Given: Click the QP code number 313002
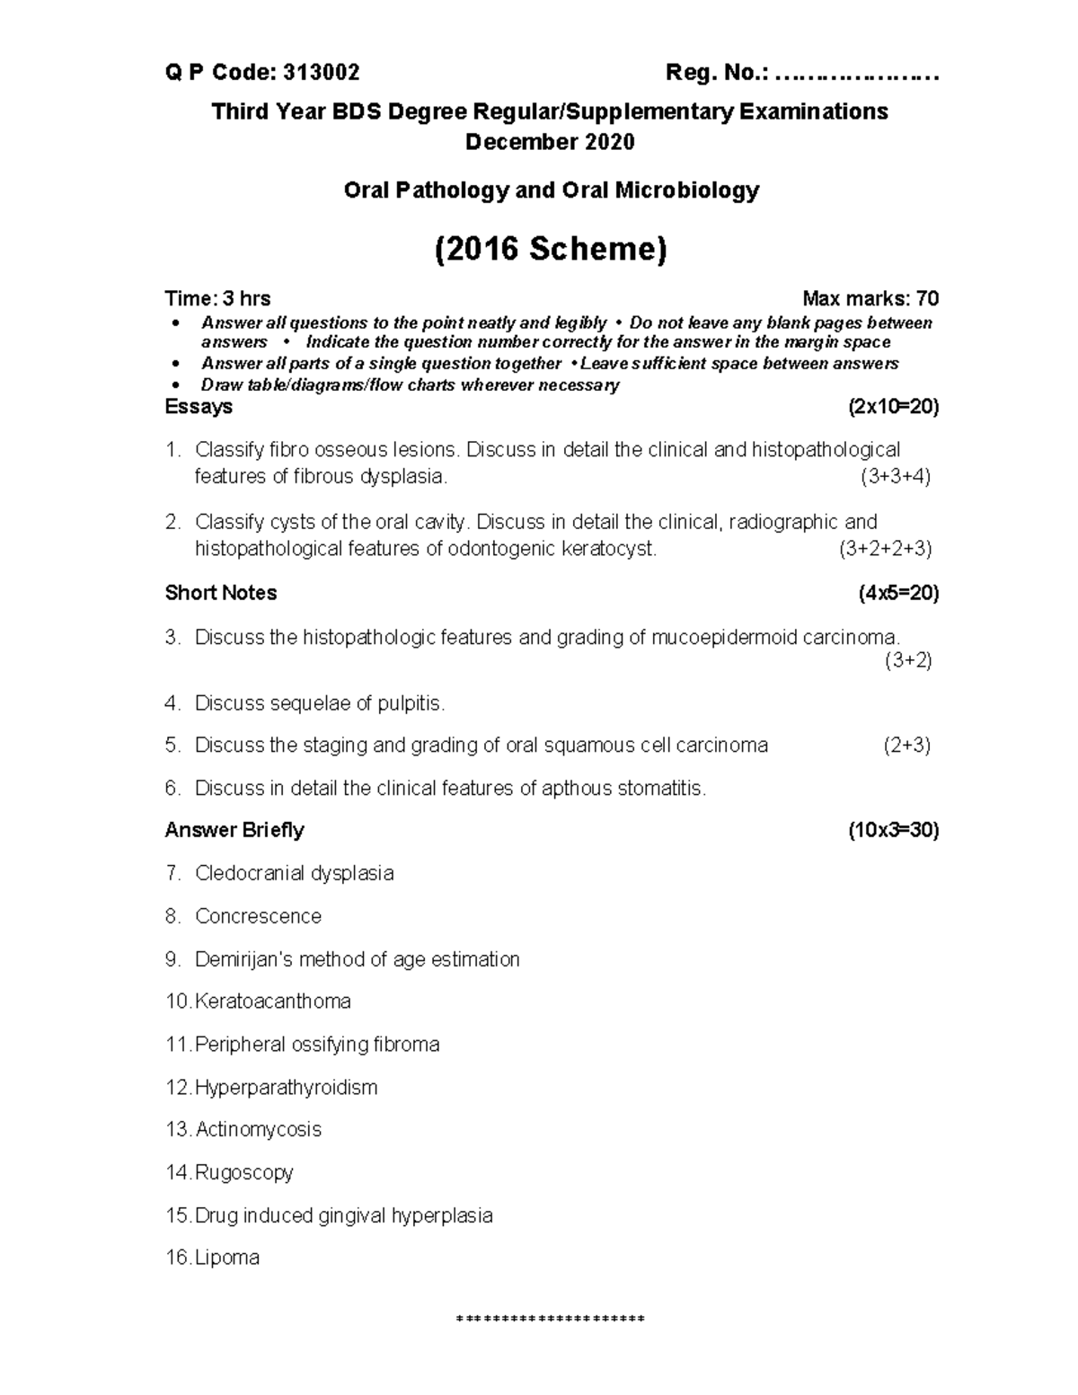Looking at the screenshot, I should (x=321, y=73).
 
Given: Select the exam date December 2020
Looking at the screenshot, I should (x=549, y=142).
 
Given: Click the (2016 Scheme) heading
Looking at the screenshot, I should (x=550, y=249).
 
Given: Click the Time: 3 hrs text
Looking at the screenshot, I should (x=217, y=298).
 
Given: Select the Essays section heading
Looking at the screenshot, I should (x=199, y=407).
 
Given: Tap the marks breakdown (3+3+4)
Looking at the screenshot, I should (x=895, y=477).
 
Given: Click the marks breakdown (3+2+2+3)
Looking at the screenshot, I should (x=885, y=549).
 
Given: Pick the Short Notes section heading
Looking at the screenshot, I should (x=221, y=593).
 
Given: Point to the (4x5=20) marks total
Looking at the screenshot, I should (x=898, y=593).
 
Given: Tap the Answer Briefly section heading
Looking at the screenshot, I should (x=234, y=830).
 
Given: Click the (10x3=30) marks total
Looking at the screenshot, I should (x=894, y=830).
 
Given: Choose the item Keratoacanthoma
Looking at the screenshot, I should (x=272, y=1002).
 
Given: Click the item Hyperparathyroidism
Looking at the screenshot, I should (x=286, y=1088).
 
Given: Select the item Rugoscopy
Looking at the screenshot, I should (x=243, y=1173).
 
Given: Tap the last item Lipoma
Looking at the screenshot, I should (x=227, y=1258).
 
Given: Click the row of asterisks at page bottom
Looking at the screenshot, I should (x=550, y=1320).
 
